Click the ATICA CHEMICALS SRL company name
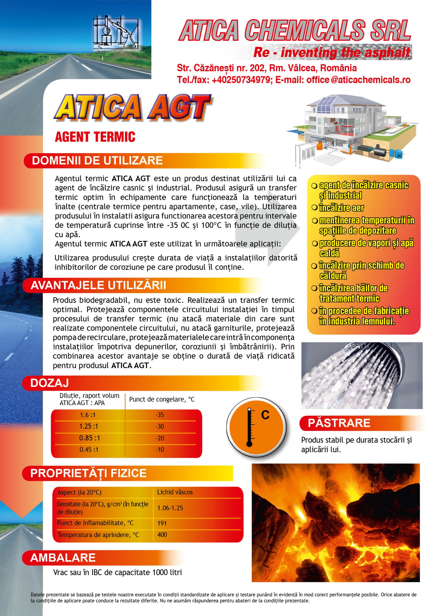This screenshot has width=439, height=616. pos(295,30)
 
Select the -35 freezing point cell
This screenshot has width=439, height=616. pos(159,415)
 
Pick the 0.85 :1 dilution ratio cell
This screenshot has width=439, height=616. pos(89,438)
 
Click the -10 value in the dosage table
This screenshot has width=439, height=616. pos(159,450)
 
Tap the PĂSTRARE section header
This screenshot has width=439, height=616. pos(339,423)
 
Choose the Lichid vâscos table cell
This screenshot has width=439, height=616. pos(175,492)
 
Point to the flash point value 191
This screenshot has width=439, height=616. pos(162,523)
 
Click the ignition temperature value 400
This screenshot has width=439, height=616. pos(162,535)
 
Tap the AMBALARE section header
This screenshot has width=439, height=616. pos(63,558)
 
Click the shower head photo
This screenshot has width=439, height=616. pos(362,375)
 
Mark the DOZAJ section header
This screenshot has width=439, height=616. pos(50,383)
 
